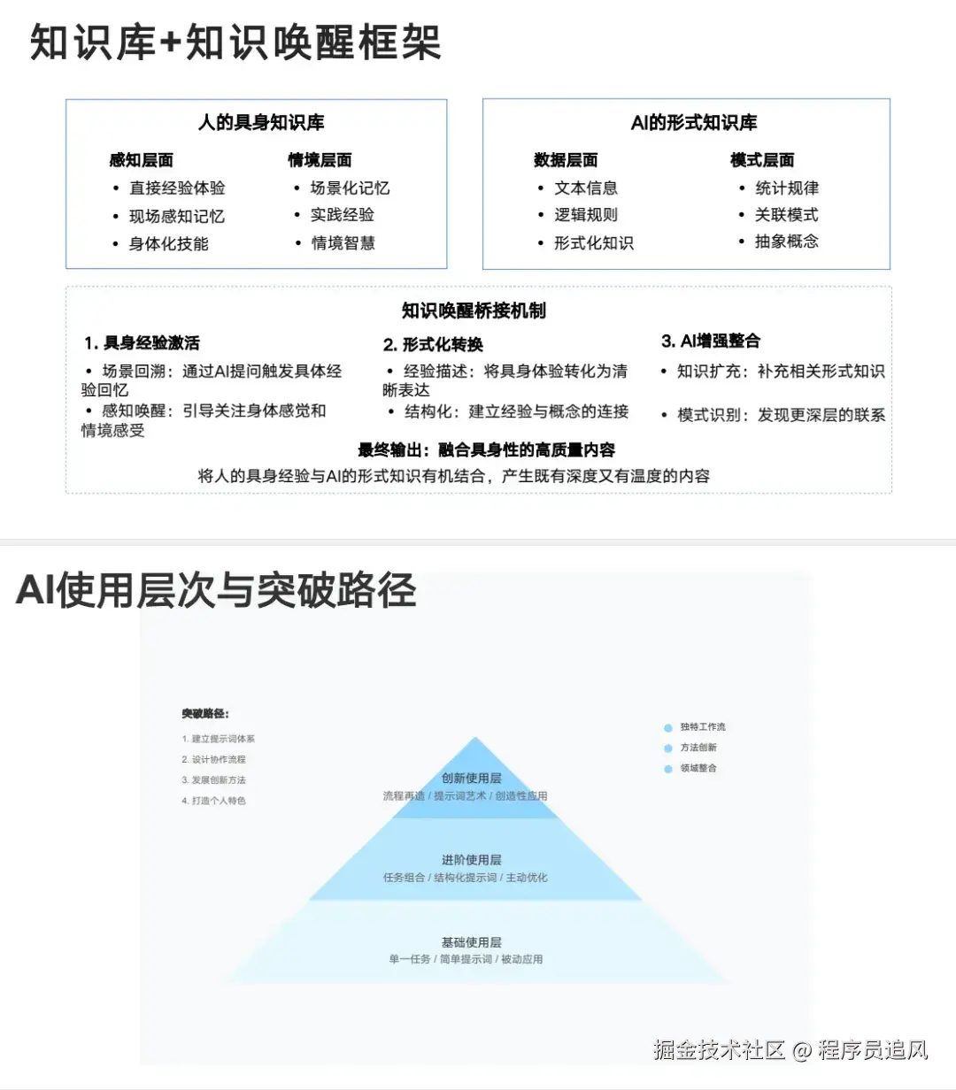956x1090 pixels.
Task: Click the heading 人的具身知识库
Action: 261,123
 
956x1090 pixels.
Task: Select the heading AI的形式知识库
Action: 694,123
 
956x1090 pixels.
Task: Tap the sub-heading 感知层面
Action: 141,160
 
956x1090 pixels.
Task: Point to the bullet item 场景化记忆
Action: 350,188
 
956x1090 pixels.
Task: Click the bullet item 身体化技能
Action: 169,243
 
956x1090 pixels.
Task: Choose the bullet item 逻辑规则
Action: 586,215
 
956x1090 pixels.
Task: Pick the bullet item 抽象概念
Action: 786,242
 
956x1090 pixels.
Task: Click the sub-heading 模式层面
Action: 762,160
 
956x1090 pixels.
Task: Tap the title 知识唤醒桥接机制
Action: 474,311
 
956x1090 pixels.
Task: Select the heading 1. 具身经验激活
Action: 143,343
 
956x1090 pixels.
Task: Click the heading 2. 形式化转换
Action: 433,344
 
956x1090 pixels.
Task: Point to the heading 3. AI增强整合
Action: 711,342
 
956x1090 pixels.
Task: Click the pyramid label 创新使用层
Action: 471,779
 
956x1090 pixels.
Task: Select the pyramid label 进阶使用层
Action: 471,860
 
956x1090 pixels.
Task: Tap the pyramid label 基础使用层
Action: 471,942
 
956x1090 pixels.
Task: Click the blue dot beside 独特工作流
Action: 668,728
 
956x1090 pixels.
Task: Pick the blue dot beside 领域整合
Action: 668,769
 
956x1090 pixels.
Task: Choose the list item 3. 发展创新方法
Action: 214,780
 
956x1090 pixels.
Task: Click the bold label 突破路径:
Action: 205,714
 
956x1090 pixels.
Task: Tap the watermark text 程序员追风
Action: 873,1050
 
